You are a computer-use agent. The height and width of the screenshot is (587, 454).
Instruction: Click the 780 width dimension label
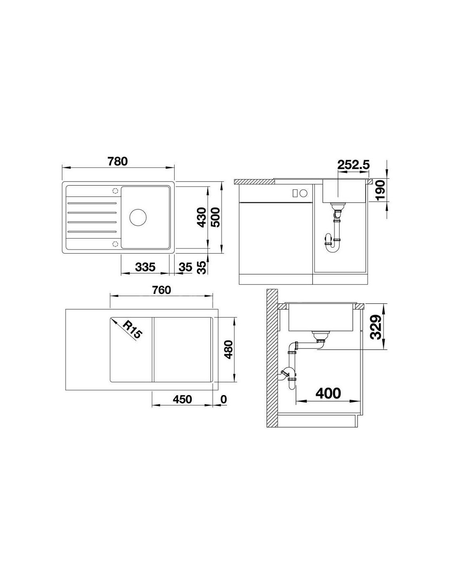(117, 161)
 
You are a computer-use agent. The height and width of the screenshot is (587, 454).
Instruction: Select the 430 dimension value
(202, 217)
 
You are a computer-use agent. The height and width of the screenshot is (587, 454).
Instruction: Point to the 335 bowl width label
(145, 267)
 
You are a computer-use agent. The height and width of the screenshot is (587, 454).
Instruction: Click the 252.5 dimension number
(353, 165)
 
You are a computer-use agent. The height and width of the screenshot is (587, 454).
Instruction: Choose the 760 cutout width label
(161, 290)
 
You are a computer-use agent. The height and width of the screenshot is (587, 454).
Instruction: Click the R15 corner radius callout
(132, 329)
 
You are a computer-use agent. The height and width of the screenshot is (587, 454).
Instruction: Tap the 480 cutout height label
(229, 350)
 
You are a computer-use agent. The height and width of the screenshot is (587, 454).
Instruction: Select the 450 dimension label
(182, 399)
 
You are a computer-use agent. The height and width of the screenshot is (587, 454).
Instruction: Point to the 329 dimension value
(376, 327)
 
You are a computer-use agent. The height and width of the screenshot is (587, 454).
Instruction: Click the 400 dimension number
(328, 393)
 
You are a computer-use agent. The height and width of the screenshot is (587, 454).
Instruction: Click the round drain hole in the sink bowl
(138, 217)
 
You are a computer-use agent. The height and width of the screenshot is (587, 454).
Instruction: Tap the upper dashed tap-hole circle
(115, 191)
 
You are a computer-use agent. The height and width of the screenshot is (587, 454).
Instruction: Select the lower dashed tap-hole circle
(115, 244)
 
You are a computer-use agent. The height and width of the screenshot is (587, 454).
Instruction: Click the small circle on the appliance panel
(304, 193)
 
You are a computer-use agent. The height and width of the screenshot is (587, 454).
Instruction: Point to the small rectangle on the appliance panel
(296, 193)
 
